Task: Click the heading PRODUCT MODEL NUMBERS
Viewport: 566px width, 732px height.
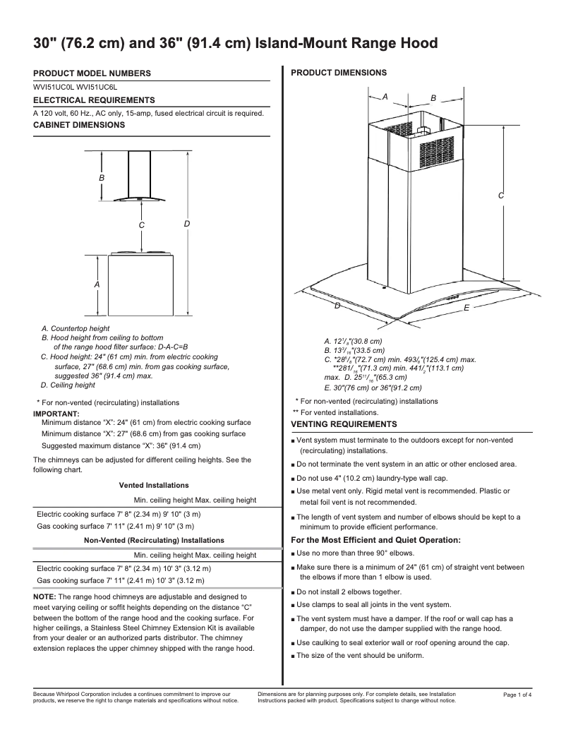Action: point(92,73)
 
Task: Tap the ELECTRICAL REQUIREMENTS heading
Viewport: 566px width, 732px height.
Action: point(94,100)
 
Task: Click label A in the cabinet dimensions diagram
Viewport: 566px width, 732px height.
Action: point(97,284)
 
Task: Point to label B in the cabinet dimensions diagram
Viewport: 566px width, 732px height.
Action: point(102,179)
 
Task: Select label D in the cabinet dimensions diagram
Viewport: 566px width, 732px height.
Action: point(186,224)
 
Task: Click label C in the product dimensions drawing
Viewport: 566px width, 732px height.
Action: point(500,196)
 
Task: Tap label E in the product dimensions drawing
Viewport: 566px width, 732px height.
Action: point(466,308)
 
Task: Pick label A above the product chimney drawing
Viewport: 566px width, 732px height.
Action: point(385,95)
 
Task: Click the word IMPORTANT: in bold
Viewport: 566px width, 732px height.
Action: point(56,413)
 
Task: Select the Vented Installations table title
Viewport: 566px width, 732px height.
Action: point(153,486)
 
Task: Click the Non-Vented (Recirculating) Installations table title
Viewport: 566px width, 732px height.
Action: point(154,540)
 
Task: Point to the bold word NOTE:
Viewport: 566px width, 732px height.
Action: point(47,597)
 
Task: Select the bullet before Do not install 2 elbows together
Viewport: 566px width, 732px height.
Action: point(292,592)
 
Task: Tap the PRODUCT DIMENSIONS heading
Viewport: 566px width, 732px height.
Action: point(339,73)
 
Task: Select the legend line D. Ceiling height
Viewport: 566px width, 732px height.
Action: point(68,385)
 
